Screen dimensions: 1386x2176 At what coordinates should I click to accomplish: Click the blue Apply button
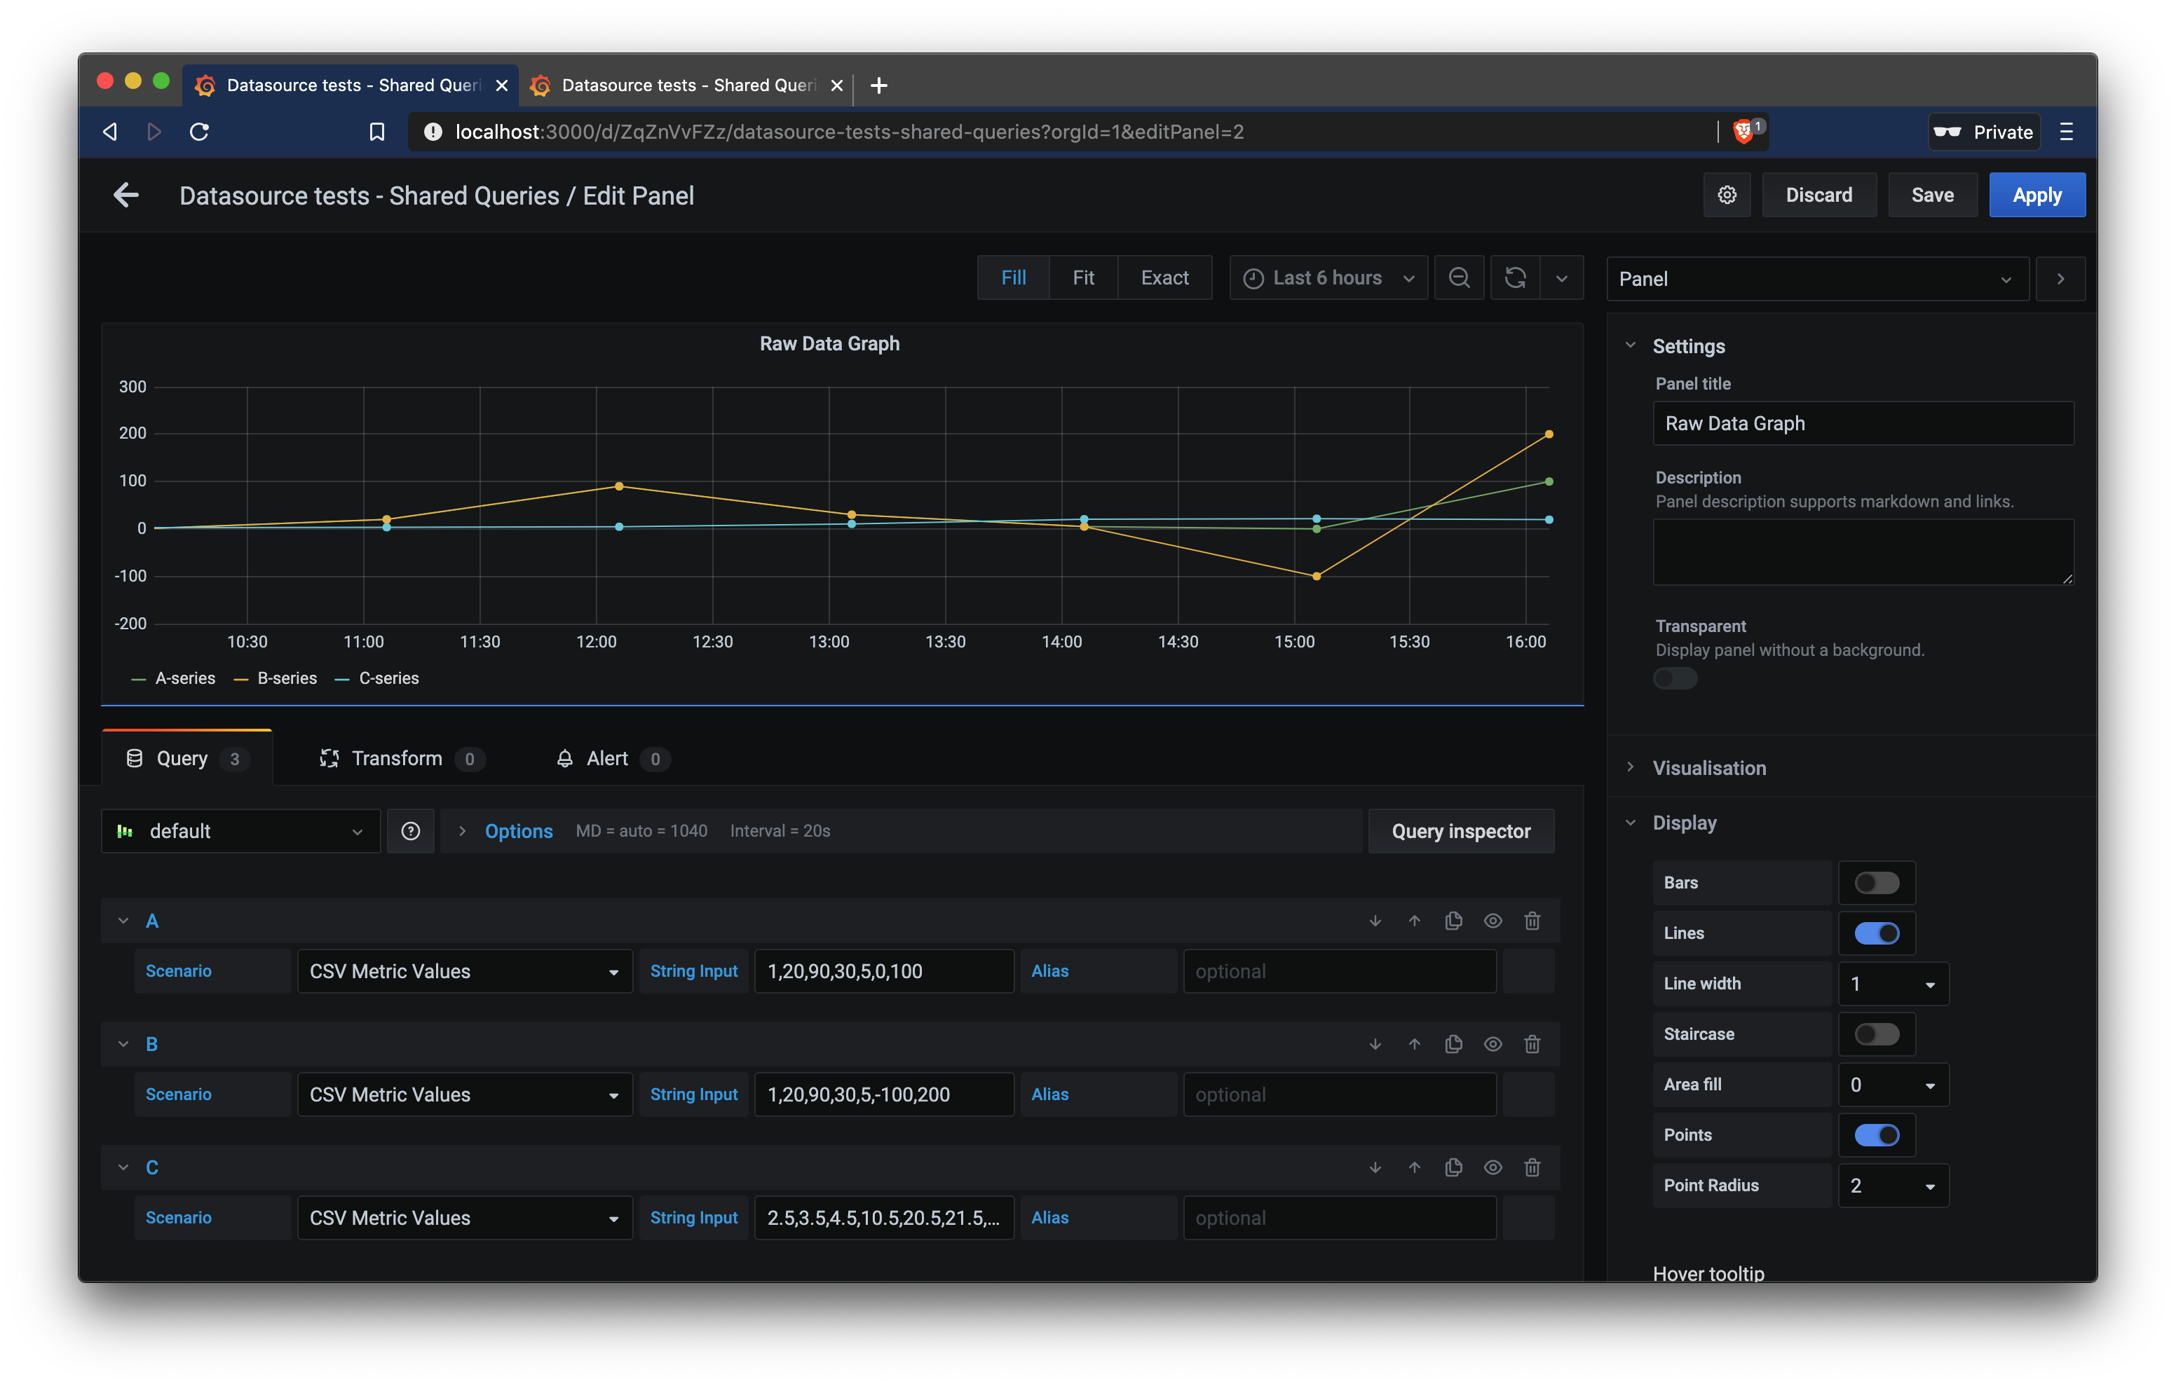coord(2036,195)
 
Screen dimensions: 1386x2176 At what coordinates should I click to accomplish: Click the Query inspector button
coord(1460,831)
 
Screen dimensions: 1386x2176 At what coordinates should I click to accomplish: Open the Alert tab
coord(607,759)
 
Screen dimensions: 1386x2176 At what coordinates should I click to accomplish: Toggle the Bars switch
coord(1876,883)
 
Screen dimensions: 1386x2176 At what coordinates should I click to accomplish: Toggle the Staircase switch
coord(1876,1034)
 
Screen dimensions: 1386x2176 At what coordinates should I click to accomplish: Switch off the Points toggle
coord(1876,1135)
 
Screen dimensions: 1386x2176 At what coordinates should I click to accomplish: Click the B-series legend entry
coord(287,678)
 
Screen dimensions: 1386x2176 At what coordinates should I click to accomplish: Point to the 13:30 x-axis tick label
coord(945,643)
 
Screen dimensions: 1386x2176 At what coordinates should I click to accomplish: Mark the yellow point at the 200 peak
coord(1549,434)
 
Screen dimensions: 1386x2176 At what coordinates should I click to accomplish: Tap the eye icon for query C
coord(1492,1167)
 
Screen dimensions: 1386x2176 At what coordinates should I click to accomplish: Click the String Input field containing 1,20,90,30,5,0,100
coord(883,971)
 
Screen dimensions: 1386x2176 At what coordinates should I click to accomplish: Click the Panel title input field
coord(1863,424)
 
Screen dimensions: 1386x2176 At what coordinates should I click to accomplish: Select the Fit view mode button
coord(1082,278)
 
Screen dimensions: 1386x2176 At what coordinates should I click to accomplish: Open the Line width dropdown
coord(1892,984)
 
